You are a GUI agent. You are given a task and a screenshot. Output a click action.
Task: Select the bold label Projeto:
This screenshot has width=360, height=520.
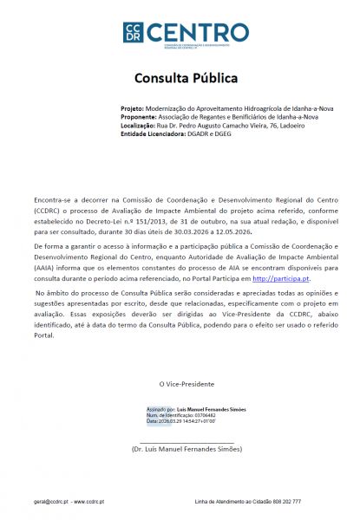(x=133, y=109)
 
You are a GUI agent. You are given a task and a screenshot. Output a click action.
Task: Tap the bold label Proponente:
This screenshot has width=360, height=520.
(x=139, y=117)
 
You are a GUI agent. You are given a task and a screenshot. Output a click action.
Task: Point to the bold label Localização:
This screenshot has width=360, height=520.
(x=139, y=125)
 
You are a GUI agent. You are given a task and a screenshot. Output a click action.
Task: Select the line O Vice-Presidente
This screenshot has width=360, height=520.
(x=186, y=383)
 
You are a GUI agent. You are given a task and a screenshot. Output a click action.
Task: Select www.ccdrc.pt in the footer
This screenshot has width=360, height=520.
(x=89, y=501)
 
